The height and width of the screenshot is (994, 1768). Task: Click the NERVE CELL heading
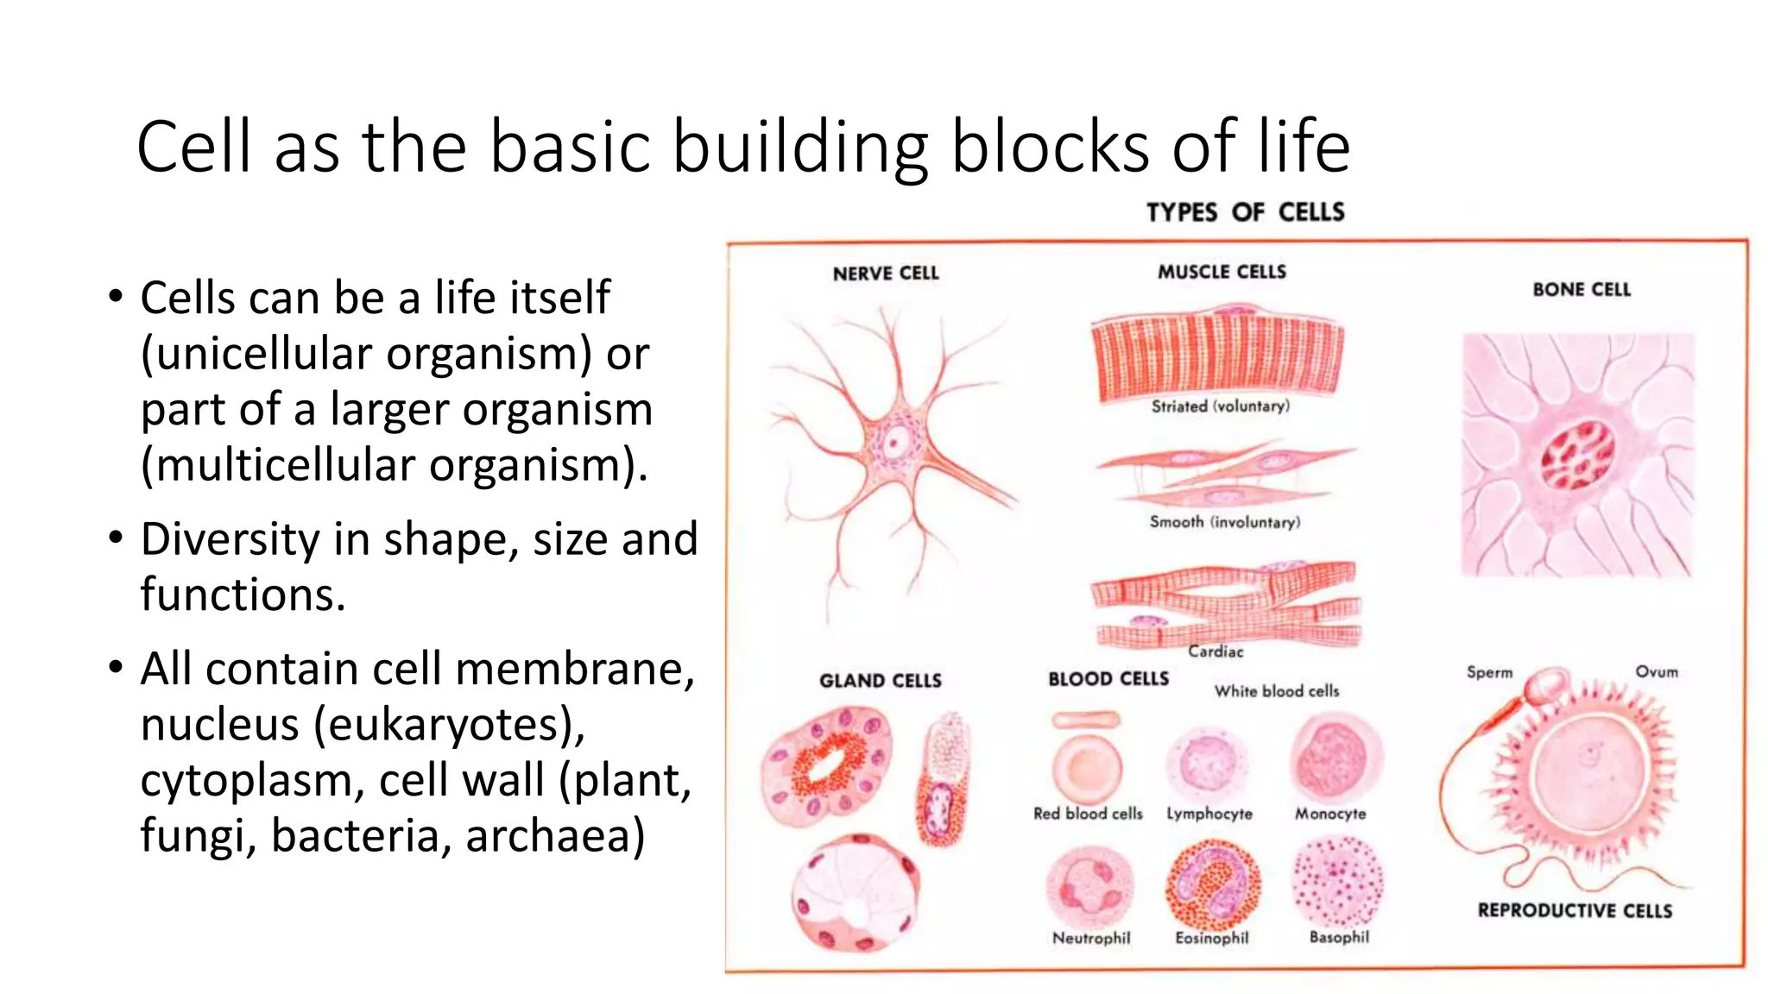(885, 274)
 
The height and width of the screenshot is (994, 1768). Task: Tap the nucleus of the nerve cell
(895, 445)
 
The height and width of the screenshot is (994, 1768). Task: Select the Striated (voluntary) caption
(1220, 406)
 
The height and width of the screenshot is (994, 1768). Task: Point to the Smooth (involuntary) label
(1224, 522)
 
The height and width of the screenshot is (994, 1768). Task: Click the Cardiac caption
(1215, 651)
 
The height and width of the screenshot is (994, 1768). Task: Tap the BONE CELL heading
(1582, 290)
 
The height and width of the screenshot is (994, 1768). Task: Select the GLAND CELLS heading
(880, 681)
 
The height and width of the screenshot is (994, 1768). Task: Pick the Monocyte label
(1330, 814)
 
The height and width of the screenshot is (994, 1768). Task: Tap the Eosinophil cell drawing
(1212, 886)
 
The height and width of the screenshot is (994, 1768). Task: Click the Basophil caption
(1339, 937)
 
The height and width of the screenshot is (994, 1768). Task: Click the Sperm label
(1489, 672)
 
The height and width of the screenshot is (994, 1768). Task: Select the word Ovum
(1656, 671)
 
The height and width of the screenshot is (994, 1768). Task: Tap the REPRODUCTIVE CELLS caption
(1575, 911)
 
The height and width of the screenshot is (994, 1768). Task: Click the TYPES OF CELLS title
(1245, 212)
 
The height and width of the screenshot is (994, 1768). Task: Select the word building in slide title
(799, 147)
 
